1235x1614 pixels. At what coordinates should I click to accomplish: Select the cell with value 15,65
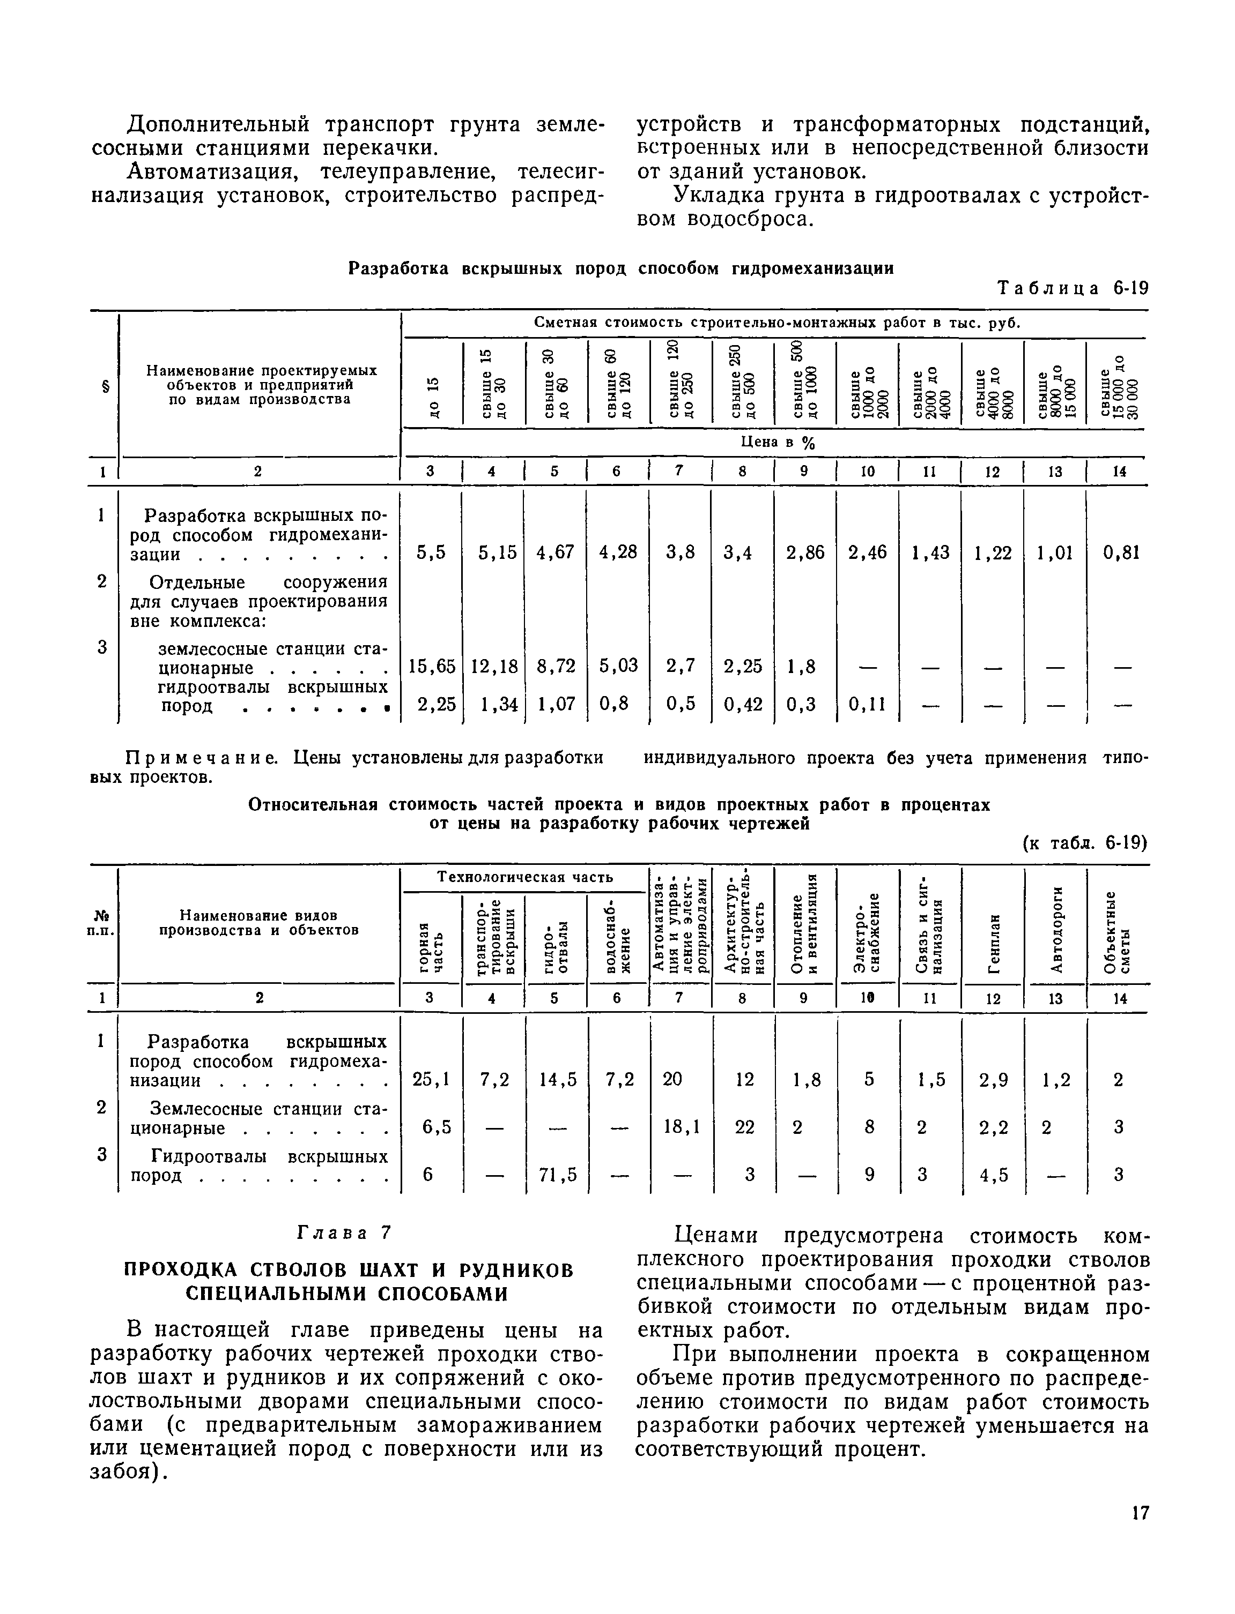tap(432, 666)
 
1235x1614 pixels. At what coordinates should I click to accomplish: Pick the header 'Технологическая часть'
tap(525, 877)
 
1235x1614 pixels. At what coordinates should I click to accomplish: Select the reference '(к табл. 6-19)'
tap(1084, 843)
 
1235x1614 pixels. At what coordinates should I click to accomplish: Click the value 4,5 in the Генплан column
tap(993, 1176)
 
